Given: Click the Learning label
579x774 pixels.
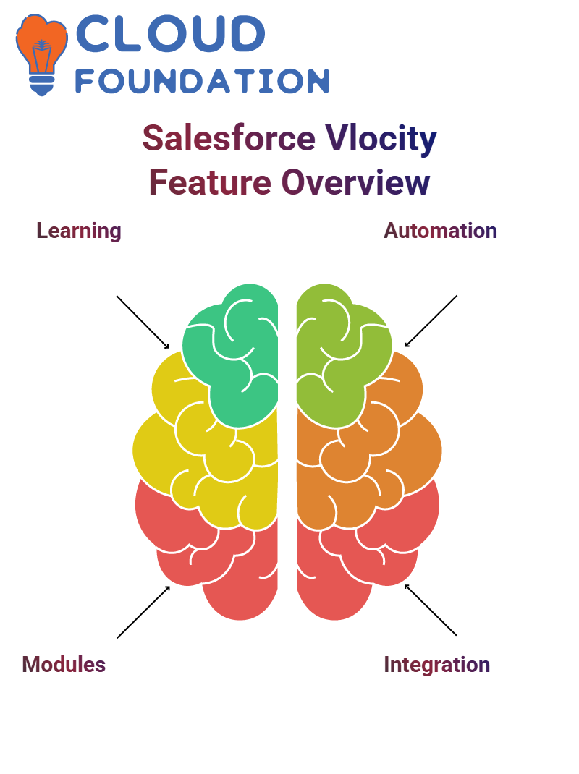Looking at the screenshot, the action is pos(79,231).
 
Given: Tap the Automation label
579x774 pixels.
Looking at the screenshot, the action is pos(440,231).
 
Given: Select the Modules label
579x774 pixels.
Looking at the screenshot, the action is pos(64,665).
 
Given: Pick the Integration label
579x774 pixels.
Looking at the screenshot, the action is pos(436,665).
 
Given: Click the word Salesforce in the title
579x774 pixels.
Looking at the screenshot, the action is pos(229,137).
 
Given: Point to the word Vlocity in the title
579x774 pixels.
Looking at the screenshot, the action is pos(381,139).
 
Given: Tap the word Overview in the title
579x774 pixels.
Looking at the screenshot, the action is pos(355,182).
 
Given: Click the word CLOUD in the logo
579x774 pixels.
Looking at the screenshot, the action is pos(170,33).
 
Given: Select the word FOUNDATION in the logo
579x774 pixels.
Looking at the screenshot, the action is pos(202,81).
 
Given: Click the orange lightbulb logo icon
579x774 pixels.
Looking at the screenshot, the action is pos(41,54).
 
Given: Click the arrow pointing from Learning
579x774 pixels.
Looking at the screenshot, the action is pos(143,323).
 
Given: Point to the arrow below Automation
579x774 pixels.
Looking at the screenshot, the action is pos(431,321).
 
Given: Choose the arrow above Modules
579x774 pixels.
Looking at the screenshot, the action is pos(143,612).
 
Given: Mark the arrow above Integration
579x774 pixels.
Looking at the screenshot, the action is pos(431,610).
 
